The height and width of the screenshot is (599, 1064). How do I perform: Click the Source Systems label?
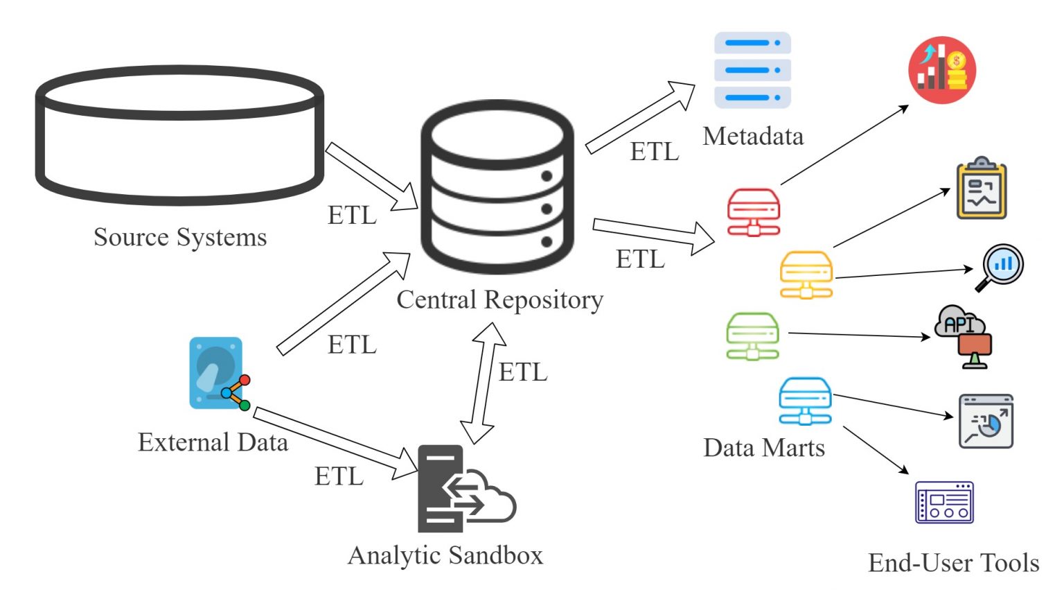point(180,237)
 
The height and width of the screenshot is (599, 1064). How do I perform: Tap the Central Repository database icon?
point(497,186)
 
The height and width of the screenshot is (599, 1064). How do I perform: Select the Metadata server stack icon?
point(752,69)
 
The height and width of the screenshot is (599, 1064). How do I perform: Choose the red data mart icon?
point(754,212)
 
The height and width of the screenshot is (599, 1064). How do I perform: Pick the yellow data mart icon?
point(806,275)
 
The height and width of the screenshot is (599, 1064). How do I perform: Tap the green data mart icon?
point(752,336)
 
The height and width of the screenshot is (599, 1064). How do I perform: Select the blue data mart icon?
point(804,401)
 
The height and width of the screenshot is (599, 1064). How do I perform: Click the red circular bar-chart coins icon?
point(941,70)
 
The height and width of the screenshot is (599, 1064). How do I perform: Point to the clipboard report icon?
point(981,189)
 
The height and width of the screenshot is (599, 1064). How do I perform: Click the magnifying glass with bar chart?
point(1000,267)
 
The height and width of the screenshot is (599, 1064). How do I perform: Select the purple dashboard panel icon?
point(944,503)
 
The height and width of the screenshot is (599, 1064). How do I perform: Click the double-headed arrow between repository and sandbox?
point(484,383)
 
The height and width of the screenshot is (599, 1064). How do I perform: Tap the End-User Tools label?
point(953,563)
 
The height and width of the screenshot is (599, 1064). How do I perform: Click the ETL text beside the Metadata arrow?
point(654,152)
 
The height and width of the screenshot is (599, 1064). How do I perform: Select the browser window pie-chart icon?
point(986,422)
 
